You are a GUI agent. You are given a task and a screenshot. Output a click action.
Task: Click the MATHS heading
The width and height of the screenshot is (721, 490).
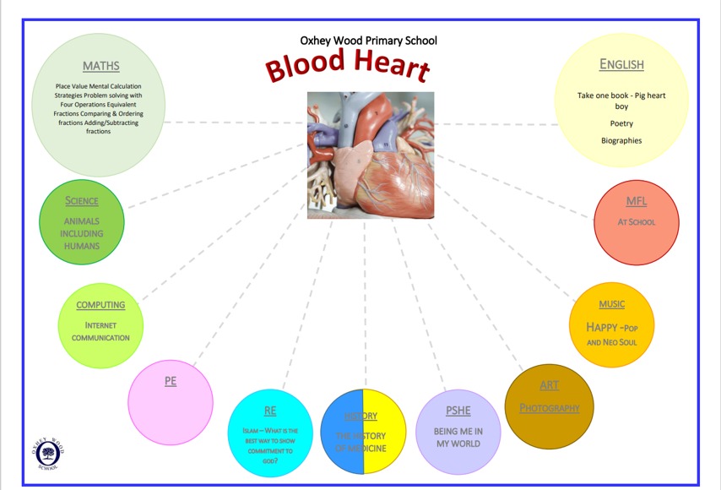coord(101,66)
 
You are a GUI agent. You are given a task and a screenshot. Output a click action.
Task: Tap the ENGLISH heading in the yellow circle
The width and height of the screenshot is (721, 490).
coord(621,64)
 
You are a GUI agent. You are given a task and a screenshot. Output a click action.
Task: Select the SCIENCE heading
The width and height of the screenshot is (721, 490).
coord(82,201)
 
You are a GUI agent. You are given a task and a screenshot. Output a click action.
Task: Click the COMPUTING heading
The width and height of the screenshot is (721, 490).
coord(100,305)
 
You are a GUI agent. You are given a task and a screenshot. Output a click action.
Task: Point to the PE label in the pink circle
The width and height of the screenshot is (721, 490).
coord(171,381)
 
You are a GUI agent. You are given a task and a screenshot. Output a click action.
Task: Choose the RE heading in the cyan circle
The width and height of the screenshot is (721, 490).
coord(270,411)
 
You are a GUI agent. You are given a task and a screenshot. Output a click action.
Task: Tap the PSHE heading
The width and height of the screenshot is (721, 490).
coord(458,411)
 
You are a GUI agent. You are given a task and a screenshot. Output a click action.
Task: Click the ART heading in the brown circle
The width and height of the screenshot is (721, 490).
coord(549,385)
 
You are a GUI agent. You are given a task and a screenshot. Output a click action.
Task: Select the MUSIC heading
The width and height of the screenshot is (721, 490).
coord(612,304)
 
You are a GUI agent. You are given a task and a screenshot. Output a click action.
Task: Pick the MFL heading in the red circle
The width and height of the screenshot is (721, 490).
coord(637,201)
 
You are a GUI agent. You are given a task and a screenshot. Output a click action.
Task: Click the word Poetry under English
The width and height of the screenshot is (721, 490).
coord(621,123)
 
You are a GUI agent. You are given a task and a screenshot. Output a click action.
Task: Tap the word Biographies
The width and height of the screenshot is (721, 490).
coord(621,140)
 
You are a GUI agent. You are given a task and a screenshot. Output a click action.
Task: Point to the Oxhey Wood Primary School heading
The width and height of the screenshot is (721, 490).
coord(369,40)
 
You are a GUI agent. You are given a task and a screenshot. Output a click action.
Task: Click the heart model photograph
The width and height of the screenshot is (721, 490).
coord(370,155)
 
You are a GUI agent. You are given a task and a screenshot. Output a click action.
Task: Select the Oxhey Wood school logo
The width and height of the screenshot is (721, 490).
coord(47,454)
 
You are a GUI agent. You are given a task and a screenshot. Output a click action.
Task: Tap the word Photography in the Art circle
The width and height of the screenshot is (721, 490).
coord(550,408)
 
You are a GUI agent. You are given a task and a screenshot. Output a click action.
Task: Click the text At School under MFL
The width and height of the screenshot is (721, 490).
coord(637,222)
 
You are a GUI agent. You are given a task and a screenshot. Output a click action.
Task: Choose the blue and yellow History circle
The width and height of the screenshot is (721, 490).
coord(365,432)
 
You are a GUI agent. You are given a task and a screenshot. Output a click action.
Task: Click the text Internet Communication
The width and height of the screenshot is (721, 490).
coord(100,331)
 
